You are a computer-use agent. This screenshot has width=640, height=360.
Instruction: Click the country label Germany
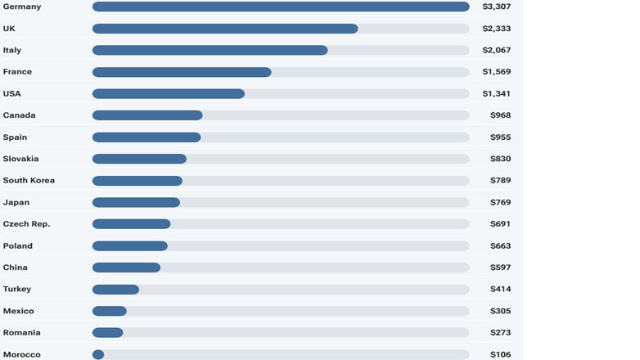(22, 7)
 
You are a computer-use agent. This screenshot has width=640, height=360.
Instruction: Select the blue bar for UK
(225, 29)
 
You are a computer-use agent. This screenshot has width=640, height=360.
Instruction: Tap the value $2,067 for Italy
(496, 51)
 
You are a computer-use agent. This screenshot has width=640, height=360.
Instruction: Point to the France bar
(182, 72)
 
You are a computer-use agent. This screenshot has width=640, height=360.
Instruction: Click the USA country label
(12, 94)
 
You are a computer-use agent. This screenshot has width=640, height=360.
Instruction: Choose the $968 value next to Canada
(500, 115)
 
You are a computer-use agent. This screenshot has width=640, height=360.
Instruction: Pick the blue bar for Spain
(146, 137)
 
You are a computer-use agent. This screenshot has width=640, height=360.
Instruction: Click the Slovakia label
(21, 159)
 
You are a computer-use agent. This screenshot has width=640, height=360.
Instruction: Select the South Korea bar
(137, 181)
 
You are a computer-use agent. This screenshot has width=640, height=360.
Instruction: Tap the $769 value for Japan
(500, 203)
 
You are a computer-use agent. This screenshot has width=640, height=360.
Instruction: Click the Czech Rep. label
(25, 224)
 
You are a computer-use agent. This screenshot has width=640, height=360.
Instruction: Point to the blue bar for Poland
(130, 246)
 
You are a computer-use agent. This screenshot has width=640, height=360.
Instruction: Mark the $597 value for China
(500, 268)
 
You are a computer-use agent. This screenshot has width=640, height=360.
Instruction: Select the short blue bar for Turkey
(115, 290)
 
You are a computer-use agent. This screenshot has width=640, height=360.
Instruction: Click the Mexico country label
(19, 311)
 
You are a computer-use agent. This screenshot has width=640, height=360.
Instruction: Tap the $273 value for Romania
(500, 333)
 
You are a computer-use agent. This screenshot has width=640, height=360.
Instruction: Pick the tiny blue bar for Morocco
(98, 354)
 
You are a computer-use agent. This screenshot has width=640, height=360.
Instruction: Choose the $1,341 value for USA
(496, 94)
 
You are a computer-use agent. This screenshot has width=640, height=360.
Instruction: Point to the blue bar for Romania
(108, 333)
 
